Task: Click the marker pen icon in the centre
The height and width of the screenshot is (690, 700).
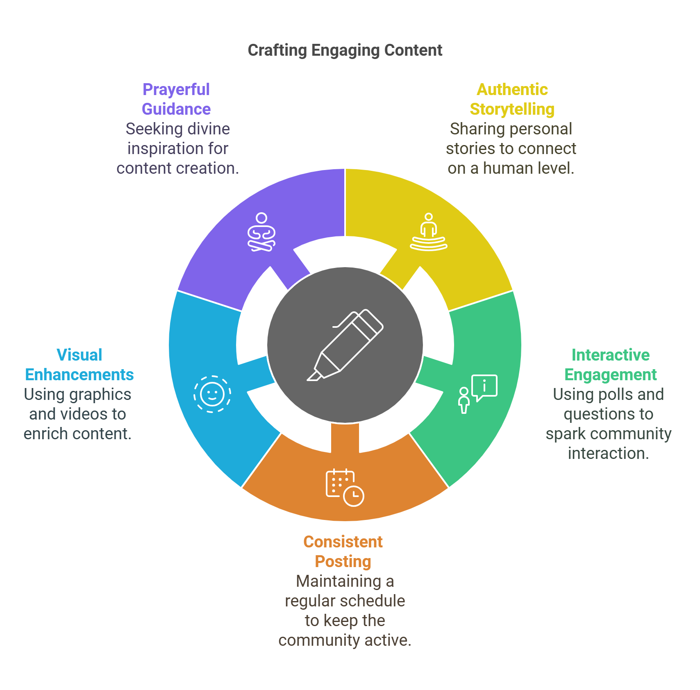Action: coord(345,345)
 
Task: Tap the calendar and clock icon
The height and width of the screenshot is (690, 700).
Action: coord(345,487)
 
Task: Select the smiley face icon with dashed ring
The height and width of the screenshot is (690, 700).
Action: coord(212,394)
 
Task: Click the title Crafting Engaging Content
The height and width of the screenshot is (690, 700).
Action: coord(345,53)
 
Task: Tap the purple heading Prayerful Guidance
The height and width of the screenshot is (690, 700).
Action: coord(175,100)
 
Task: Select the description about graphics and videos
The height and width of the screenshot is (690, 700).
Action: coord(74,416)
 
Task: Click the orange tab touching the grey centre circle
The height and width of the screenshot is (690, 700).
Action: coord(345,437)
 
